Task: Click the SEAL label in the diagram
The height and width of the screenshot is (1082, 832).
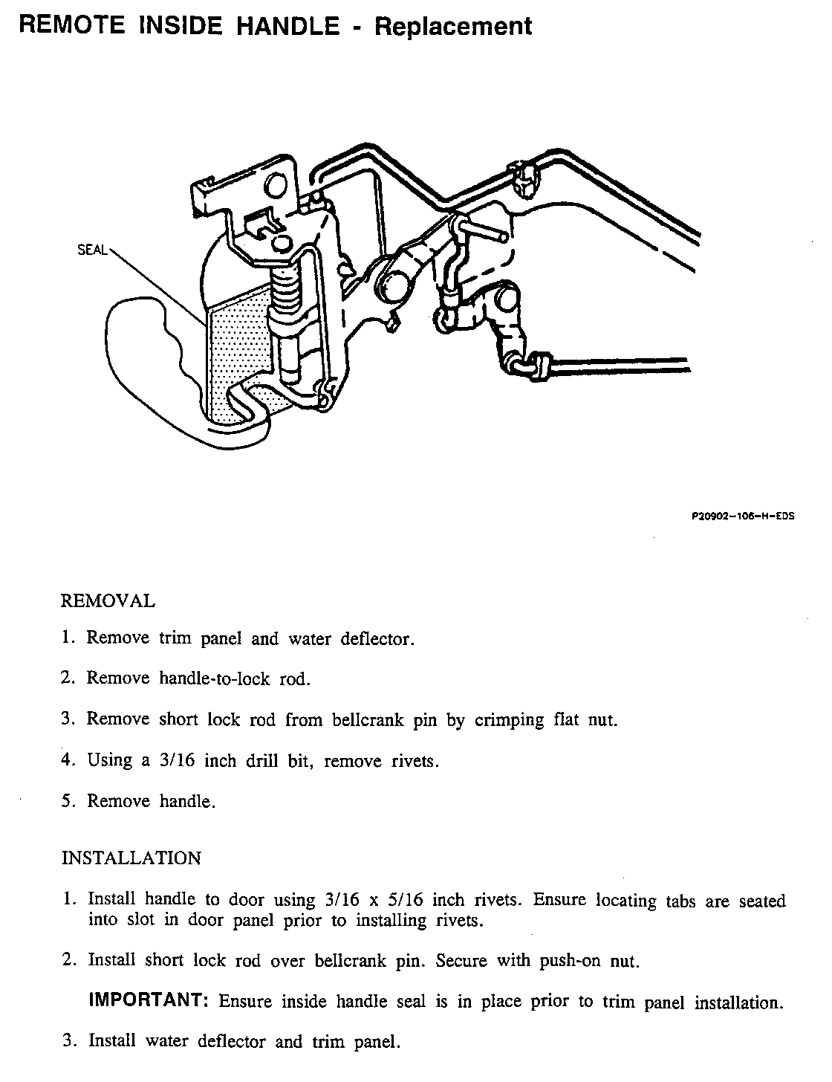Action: point(93,250)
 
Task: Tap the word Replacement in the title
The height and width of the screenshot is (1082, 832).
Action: point(453,27)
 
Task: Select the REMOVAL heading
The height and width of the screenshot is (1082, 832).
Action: point(108,601)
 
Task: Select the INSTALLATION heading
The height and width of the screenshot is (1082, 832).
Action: point(131,858)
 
